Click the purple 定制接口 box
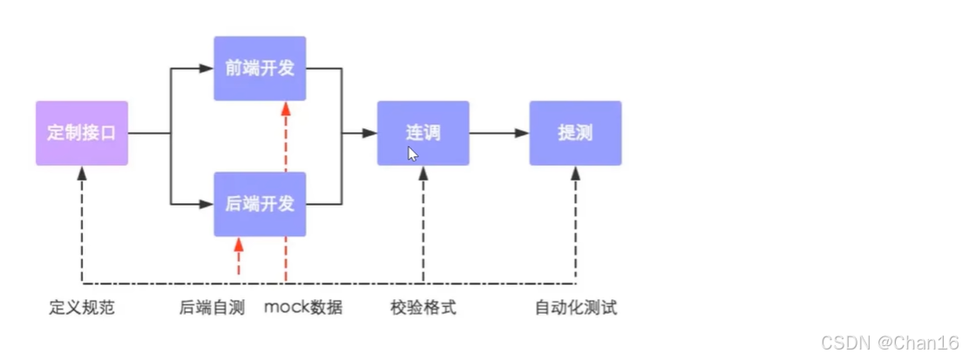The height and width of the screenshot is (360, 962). click(x=82, y=133)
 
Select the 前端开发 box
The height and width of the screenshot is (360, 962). click(x=260, y=68)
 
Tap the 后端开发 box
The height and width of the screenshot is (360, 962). click(x=260, y=204)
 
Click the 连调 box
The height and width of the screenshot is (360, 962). click(x=423, y=133)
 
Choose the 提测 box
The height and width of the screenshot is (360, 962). click(x=575, y=133)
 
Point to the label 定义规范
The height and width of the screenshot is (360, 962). click(x=82, y=308)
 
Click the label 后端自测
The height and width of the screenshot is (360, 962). click(x=212, y=308)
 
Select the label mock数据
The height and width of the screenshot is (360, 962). click(x=303, y=308)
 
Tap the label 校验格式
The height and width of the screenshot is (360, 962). click(x=423, y=308)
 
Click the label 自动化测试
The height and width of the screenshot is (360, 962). click(x=575, y=308)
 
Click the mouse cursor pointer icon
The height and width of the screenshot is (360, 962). click(x=412, y=154)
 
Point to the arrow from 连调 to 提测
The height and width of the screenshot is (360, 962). click(x=498, y=133)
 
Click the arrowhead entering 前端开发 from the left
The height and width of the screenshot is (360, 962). click(x=207, y=67)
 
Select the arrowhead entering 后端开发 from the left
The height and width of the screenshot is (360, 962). click(x=207, y=204)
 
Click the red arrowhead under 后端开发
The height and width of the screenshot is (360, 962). click(x=238, y=244)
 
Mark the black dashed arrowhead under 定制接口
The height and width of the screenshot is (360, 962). click(x=82, y=173)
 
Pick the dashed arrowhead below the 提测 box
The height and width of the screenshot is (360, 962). click(x=575, y=173)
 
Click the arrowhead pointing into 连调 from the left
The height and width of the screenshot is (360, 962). click(x=370, y=133)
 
